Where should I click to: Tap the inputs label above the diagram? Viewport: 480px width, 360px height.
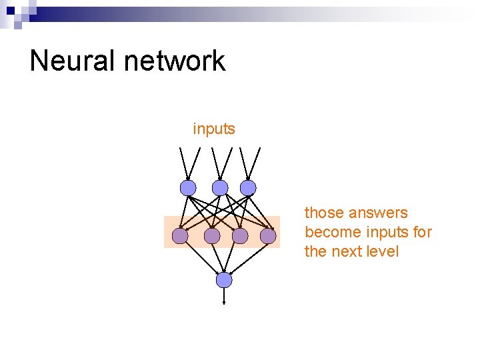pos(214,129)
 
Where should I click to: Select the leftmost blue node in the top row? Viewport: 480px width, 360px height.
pos(189,188)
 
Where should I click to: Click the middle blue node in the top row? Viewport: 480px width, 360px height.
pos(220,188)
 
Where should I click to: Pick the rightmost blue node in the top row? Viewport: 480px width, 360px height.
pos(248,188)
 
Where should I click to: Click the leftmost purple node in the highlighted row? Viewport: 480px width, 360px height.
pos(180,236)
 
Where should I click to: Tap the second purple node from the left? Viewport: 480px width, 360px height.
pos(212,236)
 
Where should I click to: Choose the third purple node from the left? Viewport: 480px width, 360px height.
pos(240,236)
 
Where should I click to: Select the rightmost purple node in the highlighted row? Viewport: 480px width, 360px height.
pos(268,236)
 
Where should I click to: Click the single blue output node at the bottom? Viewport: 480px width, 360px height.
pos(224,280)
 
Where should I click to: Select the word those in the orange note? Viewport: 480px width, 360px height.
pos(322,213)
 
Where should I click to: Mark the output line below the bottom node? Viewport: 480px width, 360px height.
pos(224,296)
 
